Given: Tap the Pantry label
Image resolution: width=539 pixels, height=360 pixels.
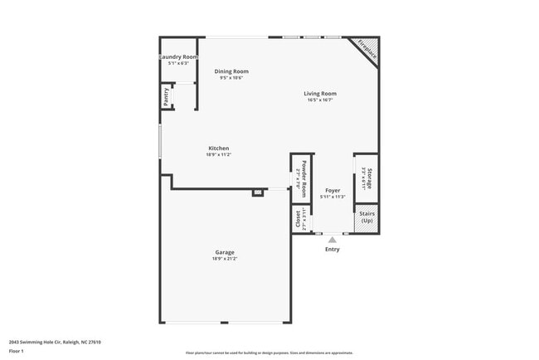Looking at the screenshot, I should (x=167, y=97).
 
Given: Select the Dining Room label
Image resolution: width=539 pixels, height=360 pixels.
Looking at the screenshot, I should (x=231, y=71).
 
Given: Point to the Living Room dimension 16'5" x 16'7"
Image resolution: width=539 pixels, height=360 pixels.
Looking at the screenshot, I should (x=319, y=100).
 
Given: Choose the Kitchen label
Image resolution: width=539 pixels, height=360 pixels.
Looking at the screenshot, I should (x=219, y=148).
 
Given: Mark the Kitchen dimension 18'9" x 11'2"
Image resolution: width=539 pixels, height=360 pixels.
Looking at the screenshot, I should (x=219, y=154).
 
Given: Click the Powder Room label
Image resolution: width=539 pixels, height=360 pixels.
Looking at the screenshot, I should (x=303, y=175).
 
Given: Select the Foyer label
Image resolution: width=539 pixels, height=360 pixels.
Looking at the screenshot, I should (x=333, y=191).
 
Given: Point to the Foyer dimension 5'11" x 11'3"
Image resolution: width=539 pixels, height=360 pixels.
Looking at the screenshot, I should (x=333, y=197).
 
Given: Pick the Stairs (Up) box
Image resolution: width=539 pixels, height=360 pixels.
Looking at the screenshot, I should (x=367, y=217).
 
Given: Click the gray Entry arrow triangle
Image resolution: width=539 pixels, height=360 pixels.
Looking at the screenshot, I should (x=333, y=240).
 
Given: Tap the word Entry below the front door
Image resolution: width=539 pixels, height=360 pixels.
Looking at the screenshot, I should (x=333, y=249).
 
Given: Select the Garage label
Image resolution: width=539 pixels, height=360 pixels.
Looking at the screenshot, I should (x=225, y=252).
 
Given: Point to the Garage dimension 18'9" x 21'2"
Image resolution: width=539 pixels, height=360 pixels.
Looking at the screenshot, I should (x=225, y=258).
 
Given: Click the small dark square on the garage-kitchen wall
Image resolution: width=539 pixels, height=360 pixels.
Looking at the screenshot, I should (x=258, y=192).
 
